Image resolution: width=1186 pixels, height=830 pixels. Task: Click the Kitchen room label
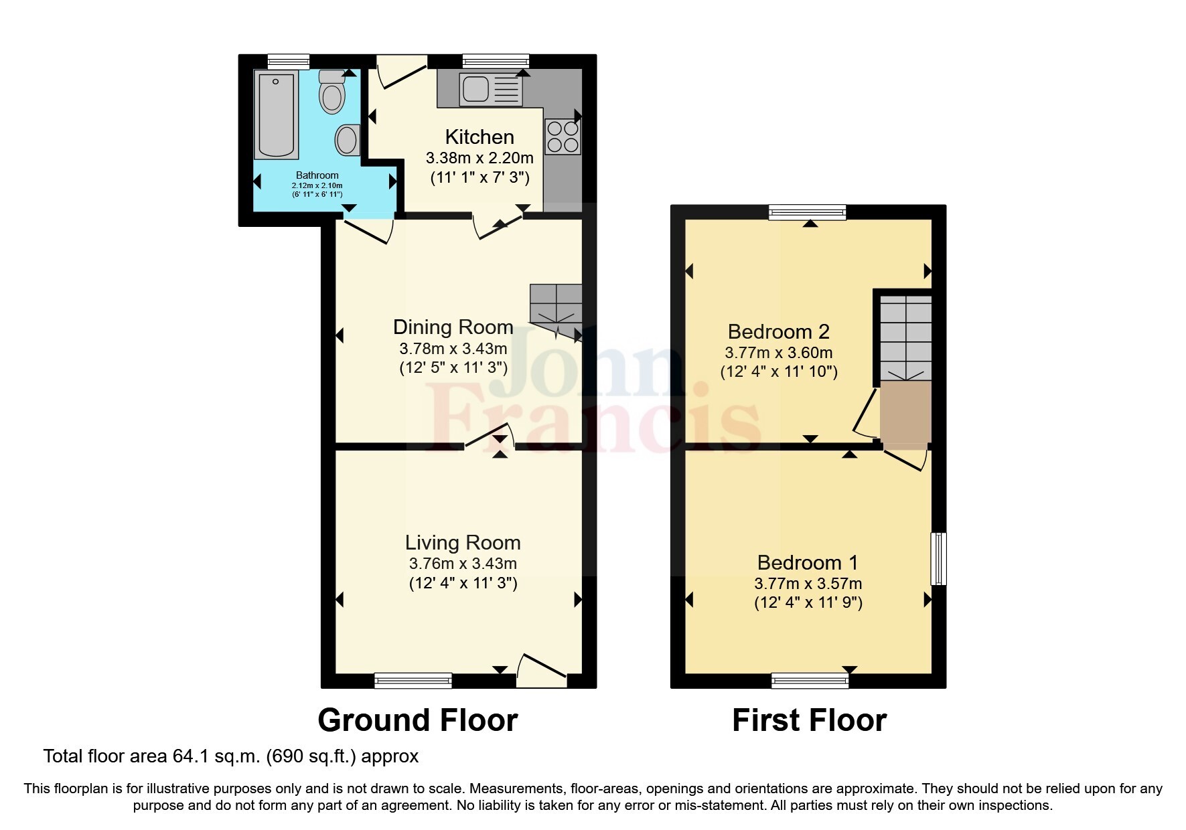coord(479,137)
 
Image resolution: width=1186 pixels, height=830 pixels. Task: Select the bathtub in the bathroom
coord(276,115)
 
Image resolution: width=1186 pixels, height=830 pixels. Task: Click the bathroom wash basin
coord(347,141)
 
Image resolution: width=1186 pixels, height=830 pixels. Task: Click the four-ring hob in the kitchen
coord(563,137)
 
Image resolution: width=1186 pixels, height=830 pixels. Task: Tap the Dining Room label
coord(453,327)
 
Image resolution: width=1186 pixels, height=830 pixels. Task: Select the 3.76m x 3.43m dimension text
coord(462,564)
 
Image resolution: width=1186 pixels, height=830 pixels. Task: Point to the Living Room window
coord(413,681)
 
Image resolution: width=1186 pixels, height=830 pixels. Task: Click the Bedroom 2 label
coord(778,331)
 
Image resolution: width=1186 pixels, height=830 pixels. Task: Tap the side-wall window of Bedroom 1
coord(940,558)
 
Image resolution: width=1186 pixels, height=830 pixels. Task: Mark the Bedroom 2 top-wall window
coord(807,213)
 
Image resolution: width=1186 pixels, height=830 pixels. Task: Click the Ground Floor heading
coord(417,720)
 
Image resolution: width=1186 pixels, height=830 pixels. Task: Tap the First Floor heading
coord(809,720)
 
